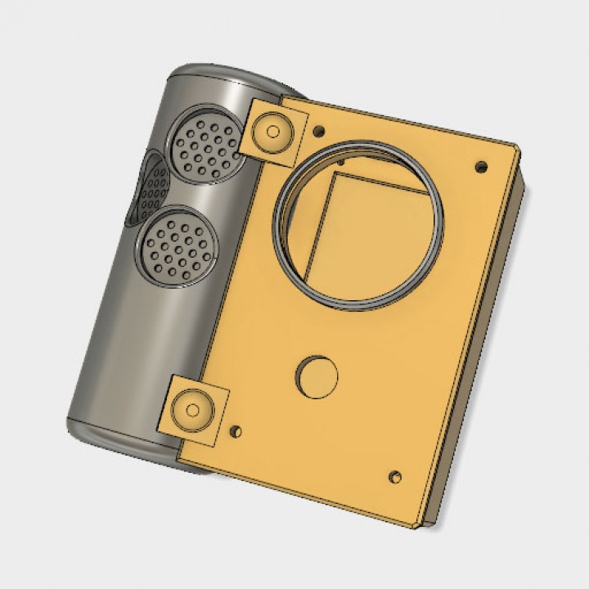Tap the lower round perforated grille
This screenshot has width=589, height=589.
177,245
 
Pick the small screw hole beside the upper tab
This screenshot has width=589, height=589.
318,129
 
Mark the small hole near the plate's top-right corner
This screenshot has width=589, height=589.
481,167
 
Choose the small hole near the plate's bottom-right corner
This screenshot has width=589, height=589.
396,475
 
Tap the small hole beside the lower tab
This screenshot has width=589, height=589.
236,429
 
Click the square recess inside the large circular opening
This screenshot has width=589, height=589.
368,237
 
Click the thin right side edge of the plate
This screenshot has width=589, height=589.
479,344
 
